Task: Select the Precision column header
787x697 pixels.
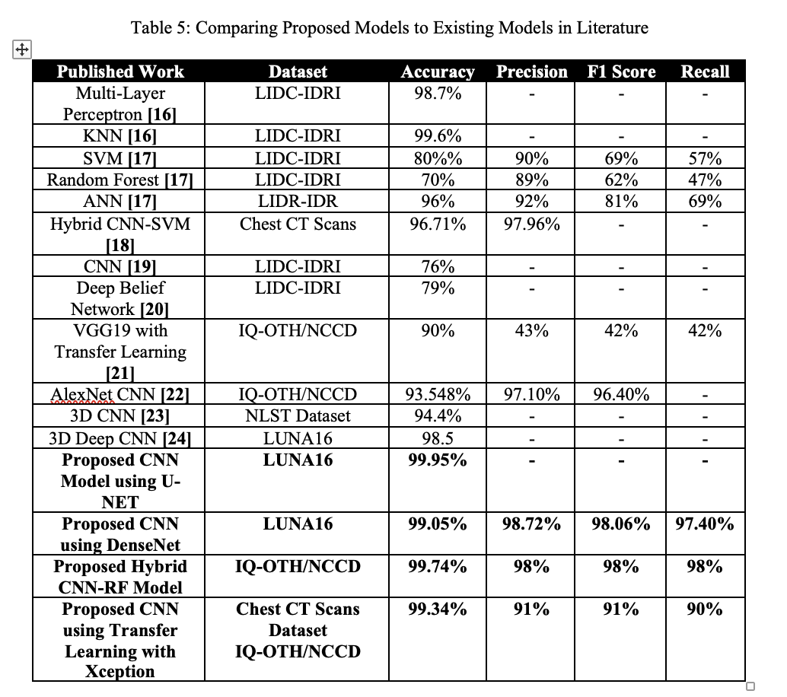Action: tap(532, 72)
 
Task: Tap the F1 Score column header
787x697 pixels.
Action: tap(621, 72)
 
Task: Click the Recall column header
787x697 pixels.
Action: tap(705, 72)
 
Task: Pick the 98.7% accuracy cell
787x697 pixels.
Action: tap(438, 94)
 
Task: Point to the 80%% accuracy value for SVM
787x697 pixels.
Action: tap(438, 159)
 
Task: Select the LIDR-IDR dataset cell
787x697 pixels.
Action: tap(298, 202)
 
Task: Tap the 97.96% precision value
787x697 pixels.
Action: tap(532, 224)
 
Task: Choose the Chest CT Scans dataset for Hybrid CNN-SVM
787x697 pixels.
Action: tap(298, 224)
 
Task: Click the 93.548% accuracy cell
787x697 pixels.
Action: tap(438, 394)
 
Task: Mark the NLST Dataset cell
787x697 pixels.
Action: tap(298, 415)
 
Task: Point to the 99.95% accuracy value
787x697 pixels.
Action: tap(438, 460)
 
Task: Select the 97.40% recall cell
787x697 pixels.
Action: tap(705, 524)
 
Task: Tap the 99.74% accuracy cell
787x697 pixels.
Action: tap(438, 567)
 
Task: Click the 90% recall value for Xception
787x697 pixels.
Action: tap(705, 609)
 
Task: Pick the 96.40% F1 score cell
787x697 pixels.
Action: tap(621, 394)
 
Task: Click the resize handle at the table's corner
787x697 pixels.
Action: tap(750, 686)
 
